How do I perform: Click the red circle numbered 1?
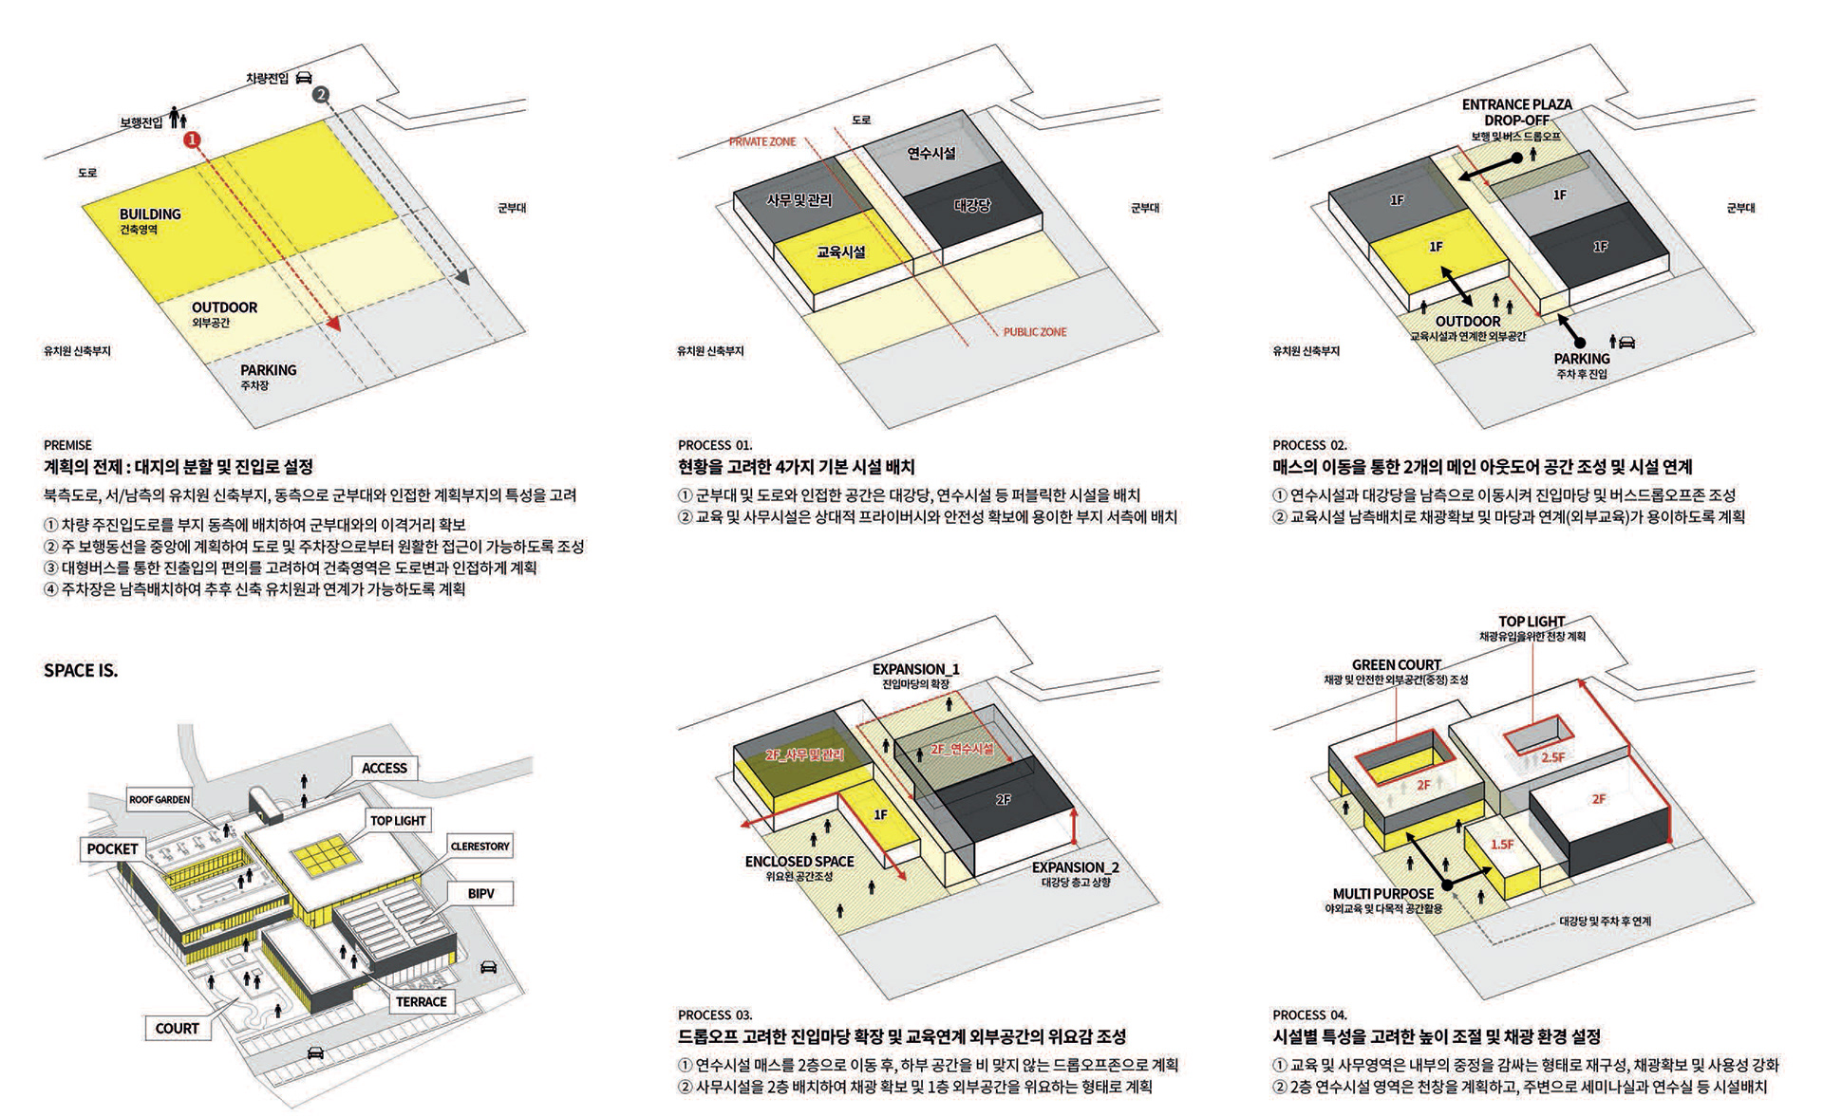point(192,140)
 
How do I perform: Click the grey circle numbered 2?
point(321,94)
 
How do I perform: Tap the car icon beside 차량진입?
point(304,77)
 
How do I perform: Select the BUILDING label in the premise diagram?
point(150,214)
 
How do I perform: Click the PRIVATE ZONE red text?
point(762,141)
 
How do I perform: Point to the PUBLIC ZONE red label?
point(1035,332)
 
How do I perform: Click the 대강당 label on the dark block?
point(972,205)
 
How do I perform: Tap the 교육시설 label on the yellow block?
point(841,251)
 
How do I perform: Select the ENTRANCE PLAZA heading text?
point(1516,104)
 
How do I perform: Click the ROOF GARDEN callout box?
point(160,800)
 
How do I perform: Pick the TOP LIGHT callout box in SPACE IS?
point(398,821)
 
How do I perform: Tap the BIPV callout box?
point(480,893)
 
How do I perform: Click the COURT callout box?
point(178,1029)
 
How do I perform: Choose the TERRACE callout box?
point(421,1001)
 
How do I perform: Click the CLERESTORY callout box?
point(479,847)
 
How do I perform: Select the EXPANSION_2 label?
point(1075,867)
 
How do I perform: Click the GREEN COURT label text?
point(1396,665)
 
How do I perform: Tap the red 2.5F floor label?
point(1552,757)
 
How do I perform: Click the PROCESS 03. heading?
point(715,1015)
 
